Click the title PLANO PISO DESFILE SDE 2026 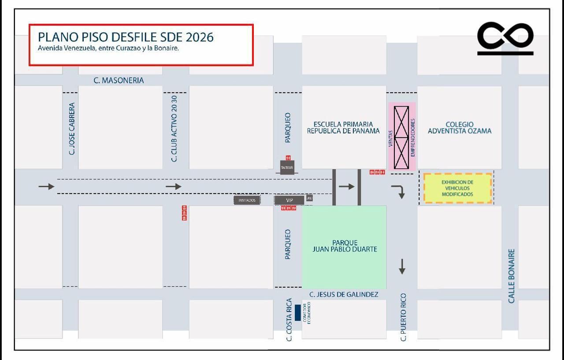(x=126, y=37)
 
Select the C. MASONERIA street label (x=119, y=80)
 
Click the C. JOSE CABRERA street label (x=72, y=128)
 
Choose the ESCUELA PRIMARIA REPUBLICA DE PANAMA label (x=343, y=127)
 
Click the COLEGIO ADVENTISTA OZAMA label (x=459, y=128)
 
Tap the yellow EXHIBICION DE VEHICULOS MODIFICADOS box (x=457, y=188)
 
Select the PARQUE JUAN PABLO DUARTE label (x=345, y=246)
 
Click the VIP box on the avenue (x=289, y=200)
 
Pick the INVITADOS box (x=247, y=200)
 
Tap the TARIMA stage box (x=287, y=167)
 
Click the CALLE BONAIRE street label (x=512, y=276)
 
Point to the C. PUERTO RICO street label (x=403, y=317)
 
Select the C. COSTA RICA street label (x=289, y=320)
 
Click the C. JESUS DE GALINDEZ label (x=344, y=294)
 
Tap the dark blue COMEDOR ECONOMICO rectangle (x=298, y=312)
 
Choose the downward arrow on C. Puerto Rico (x=402, y=267)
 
